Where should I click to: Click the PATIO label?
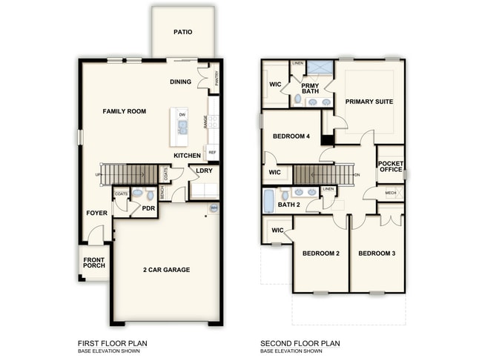coord(182,33)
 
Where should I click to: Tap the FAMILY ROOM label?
coord(124,111)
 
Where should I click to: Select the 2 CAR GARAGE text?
coord(166,269)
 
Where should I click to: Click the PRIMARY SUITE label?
coord(369,102)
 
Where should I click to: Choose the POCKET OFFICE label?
coord(390,166)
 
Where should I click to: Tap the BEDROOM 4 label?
coord(291,136)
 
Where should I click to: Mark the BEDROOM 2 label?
coord(320,254)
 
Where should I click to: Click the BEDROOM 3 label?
coord(377,254)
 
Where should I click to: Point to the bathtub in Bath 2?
coord(268,200)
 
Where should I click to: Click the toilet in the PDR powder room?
coord(137,193)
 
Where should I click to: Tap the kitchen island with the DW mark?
coord(179,127)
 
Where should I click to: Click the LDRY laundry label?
coord(204,170)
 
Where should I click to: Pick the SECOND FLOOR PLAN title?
coord(300,343)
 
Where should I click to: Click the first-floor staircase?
coord(129,175)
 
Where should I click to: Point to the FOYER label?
coord(96,213)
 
